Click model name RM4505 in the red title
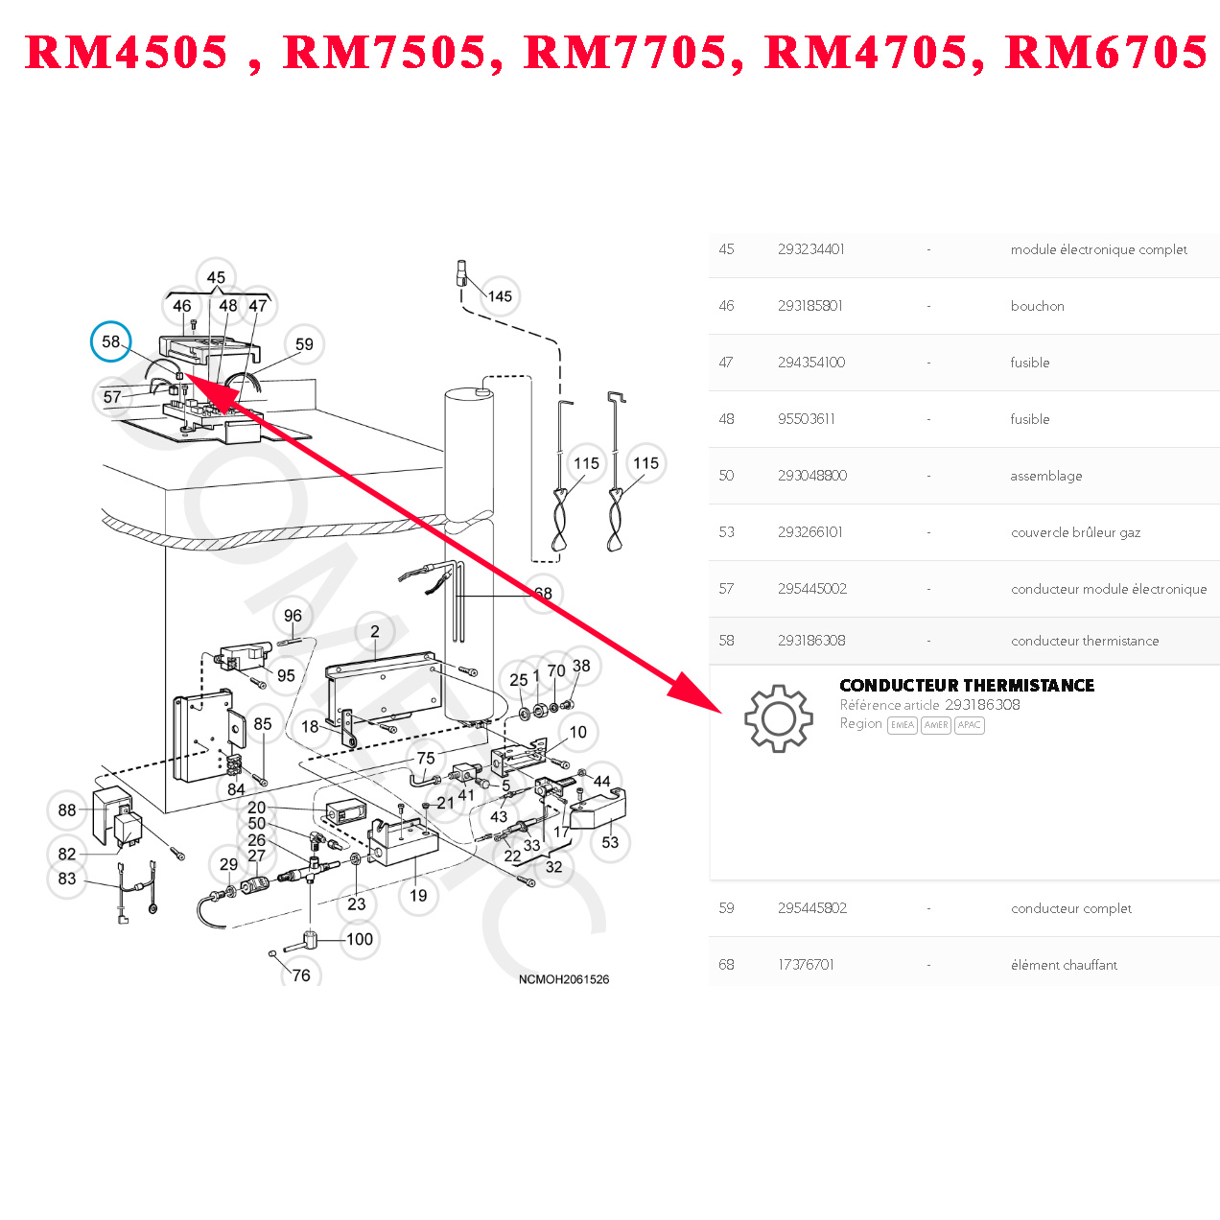(127, 53)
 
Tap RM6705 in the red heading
(1106, 53)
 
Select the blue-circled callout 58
(111, 341)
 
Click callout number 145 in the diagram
(500, 296)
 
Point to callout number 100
(360, 939)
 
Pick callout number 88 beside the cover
(67, 810)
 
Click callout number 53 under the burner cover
(610, 842)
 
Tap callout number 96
(293, 616)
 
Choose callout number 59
(304, 344)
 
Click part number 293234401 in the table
(811, 249)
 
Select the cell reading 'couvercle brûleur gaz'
(1075, 532)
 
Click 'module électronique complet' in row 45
(1098, 249)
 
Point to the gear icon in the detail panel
(778, 717)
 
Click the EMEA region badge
(902, 725)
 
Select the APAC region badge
(969, 725)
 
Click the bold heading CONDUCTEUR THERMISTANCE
(967, 685)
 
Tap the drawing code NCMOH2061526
(564, 979)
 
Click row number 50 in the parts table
(726, 476)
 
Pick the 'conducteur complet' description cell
(1070, 908)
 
